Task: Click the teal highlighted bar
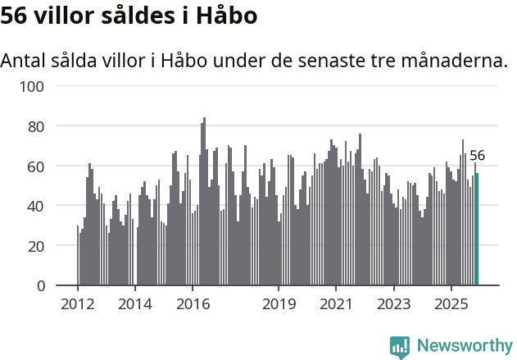pos(478,230)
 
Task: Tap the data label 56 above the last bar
pos(477,156)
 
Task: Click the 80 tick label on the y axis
pos(41,126)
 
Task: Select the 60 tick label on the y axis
pos(41,166)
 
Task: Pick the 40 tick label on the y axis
pos(41,206)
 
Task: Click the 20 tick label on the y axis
pos(41,245)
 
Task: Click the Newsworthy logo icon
pos(400,347)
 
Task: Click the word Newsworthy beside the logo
pos(464,346)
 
